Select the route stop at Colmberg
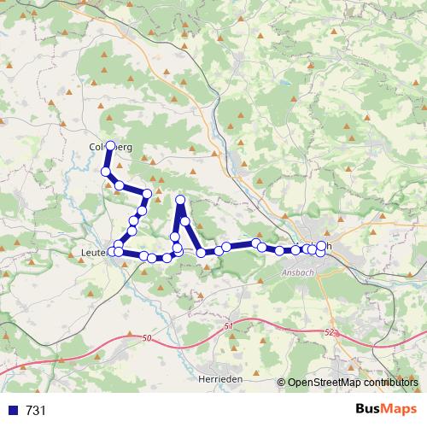110,146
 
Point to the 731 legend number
36,411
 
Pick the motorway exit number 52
330,331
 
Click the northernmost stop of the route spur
180,200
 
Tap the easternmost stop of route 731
322,246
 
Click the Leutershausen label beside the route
92,252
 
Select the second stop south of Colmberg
120,185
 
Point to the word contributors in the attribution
389,383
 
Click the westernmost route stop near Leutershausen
111,252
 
